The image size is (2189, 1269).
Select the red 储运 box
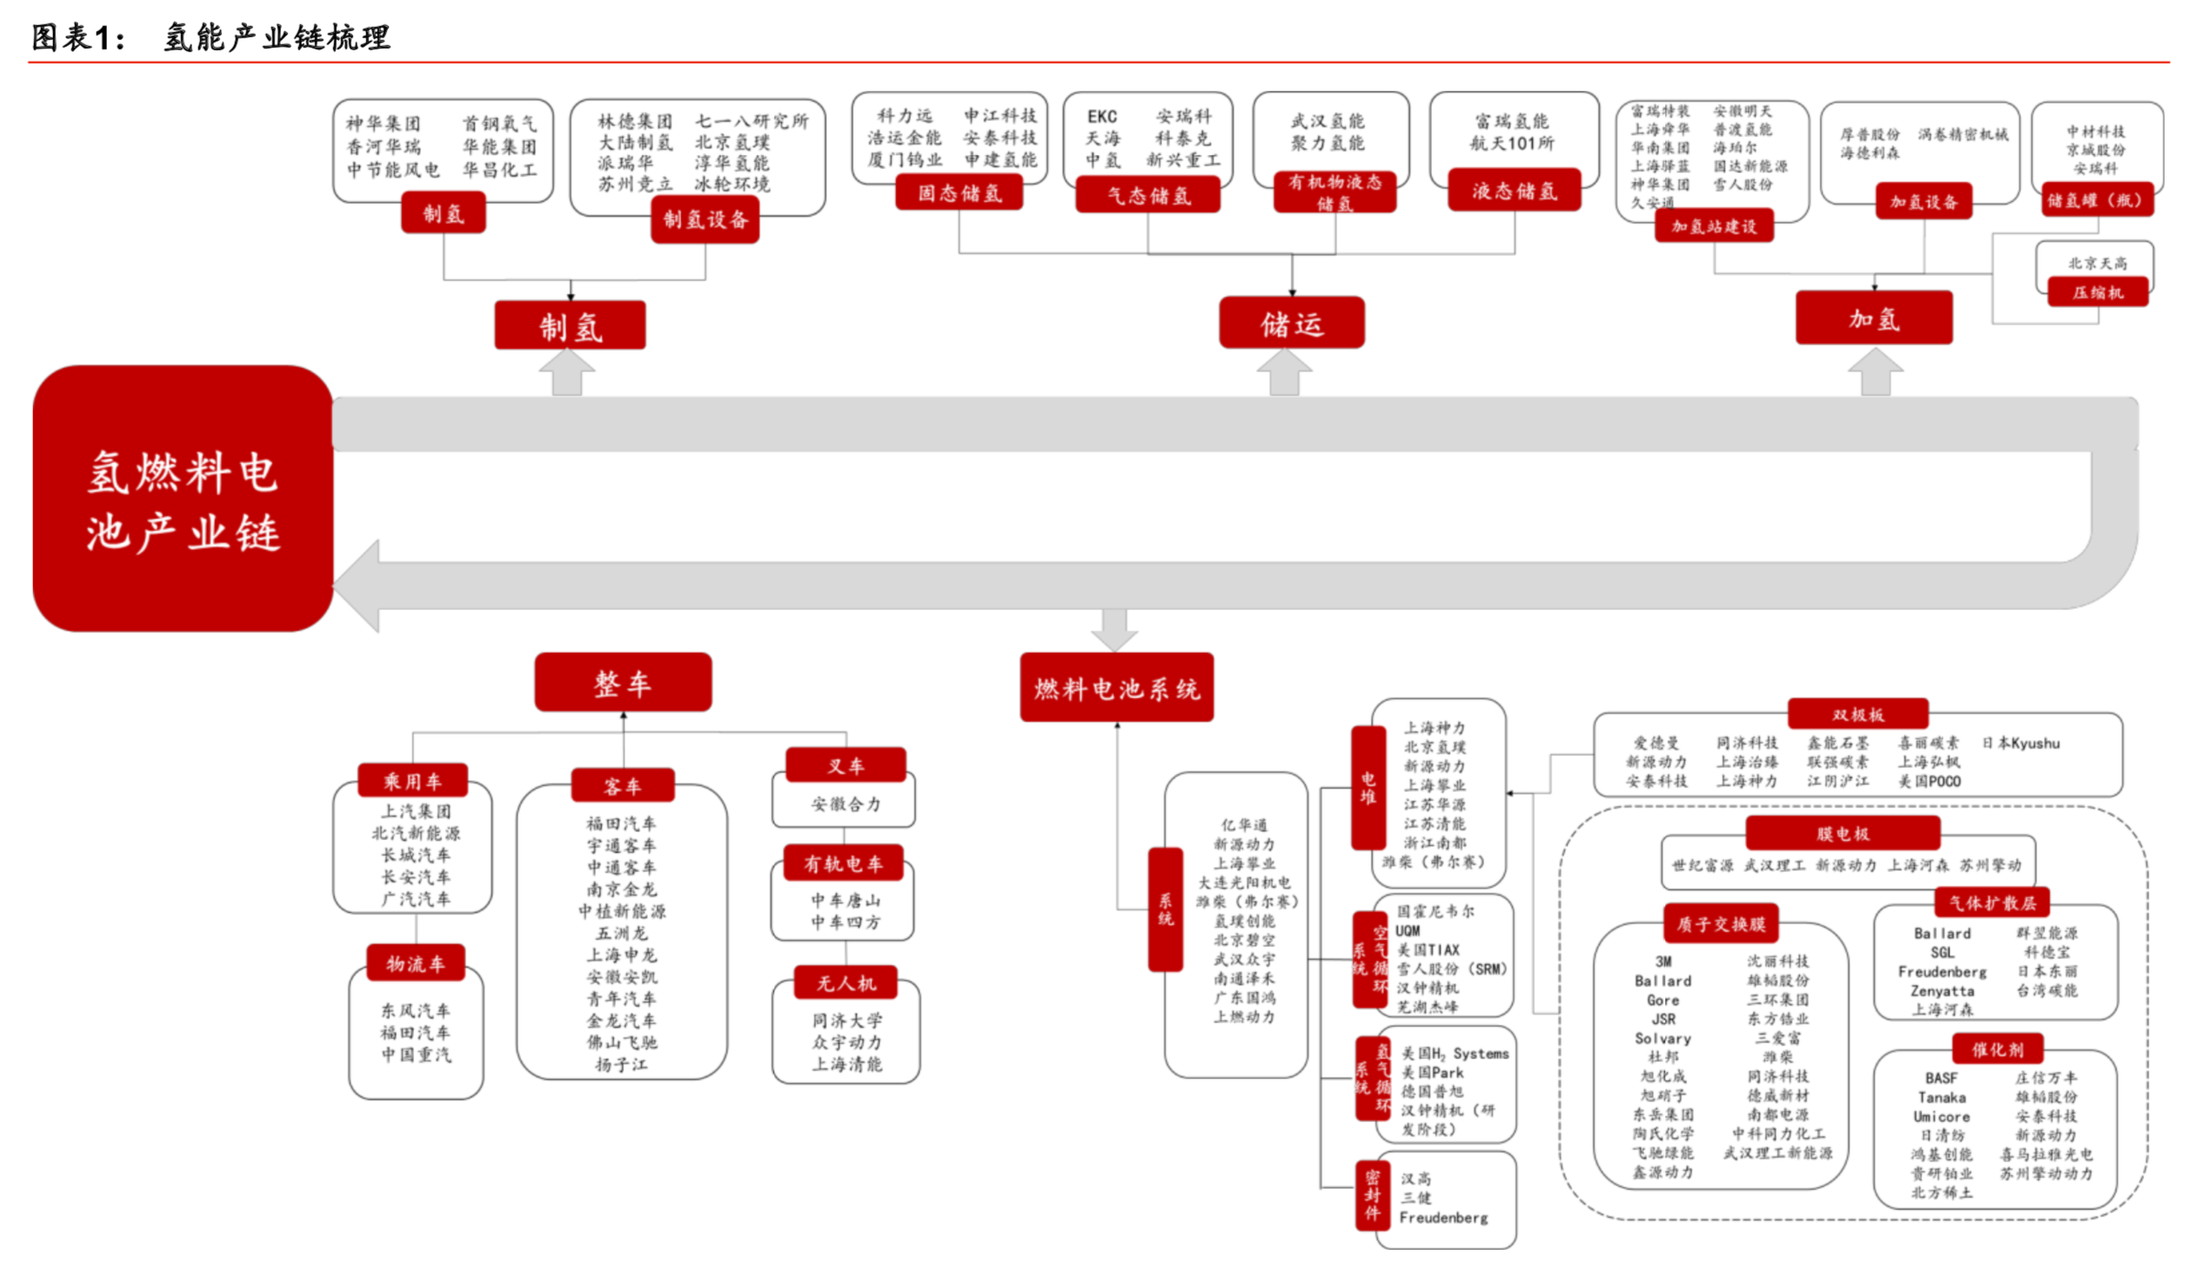pos(1291,323)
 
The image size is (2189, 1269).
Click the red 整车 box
pos(623,682)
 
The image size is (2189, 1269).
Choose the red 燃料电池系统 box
pos(1116,688)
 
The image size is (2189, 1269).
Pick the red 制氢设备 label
pos(705,219)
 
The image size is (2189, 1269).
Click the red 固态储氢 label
pos(959,192)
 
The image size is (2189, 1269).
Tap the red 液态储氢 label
pos(1514,191)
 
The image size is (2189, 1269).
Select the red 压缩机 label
pos(2097,292)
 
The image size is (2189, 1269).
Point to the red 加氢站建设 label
pos(1713,226)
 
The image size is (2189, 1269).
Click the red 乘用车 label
pos(412,781)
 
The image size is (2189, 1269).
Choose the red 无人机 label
pos(845,983)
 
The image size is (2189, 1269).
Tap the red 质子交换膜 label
pos(1720,923)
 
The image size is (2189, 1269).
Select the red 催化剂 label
pos(1997,1049)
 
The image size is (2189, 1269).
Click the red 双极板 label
pos(1858,715)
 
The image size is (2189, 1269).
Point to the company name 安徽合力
pos(845,804)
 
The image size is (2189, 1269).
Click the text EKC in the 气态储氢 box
pos(1101,117)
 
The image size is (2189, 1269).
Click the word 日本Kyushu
pos(2020,742)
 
